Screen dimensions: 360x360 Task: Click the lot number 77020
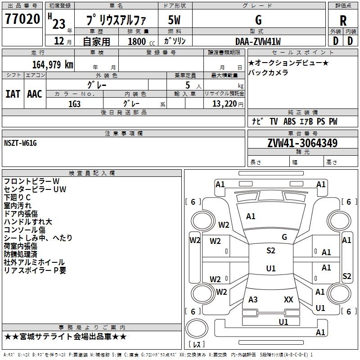coord(22,19)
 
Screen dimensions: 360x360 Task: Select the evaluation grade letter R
coord(343,21)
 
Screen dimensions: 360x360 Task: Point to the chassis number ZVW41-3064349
coord(302,144)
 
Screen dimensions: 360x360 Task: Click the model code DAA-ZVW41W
coord(258,41)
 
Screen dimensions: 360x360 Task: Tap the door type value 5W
coord(175,20)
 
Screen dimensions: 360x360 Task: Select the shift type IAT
coord(13,94)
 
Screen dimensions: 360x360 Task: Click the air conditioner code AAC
coord(35,94)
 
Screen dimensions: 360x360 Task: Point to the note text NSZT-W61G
coord(20,143)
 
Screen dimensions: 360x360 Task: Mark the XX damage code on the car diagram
coord(288,299)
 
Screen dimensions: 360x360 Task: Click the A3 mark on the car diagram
coord(253,299)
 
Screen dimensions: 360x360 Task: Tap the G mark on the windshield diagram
coord(284,237)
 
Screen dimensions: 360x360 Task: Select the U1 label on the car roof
coord(270,269)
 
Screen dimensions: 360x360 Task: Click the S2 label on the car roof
coord(270,251)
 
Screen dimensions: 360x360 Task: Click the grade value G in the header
coord(258,20)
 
